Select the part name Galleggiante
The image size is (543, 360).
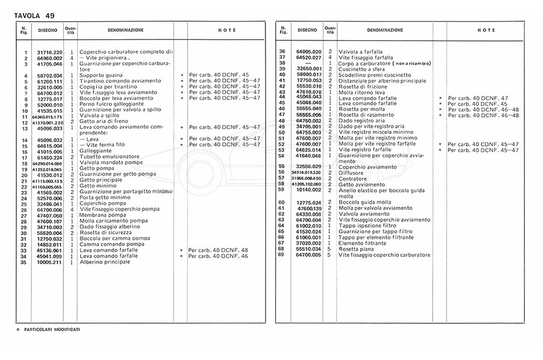pos(95,150)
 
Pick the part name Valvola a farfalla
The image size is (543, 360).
pos(361,52)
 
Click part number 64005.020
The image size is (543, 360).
pos(309,52)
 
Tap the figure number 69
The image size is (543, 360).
pos(281,255)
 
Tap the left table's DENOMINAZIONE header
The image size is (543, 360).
pos(125,30)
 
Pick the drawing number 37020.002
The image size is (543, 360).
pos(309,242)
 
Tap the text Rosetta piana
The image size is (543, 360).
pos(357,248)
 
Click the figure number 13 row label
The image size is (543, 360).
pos(25,128)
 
